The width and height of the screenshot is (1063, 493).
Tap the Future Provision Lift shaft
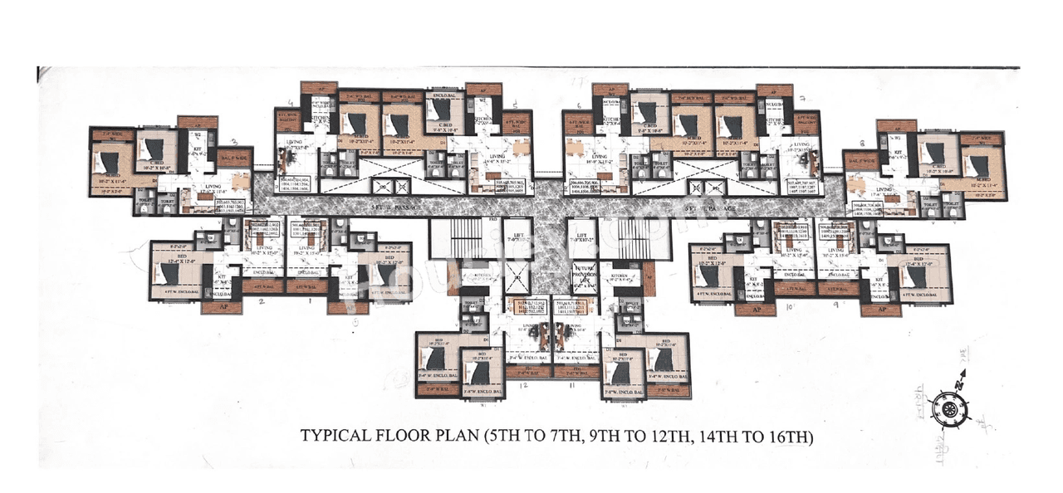click(585, 275)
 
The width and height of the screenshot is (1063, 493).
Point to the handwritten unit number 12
click(523, 386)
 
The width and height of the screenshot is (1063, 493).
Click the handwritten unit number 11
click(571, 386)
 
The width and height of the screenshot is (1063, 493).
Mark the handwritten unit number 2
click(262, 300)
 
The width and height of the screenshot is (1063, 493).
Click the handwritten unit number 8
click(862, 143)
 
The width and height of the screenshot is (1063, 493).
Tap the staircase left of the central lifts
click(455, 240)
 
